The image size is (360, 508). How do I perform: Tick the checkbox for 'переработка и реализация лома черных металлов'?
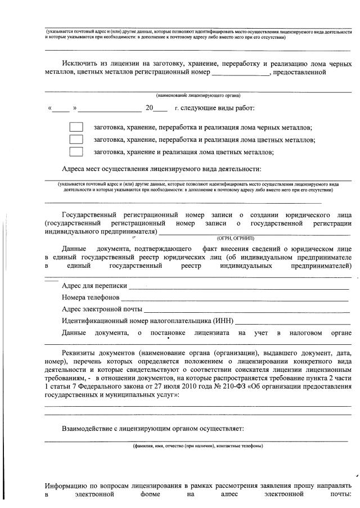pos(76,128)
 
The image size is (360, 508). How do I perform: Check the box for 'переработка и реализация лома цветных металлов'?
pos(76,140)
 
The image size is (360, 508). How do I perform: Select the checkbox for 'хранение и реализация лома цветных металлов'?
pos(76,151)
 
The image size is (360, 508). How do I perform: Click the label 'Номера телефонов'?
pos(91,298)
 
